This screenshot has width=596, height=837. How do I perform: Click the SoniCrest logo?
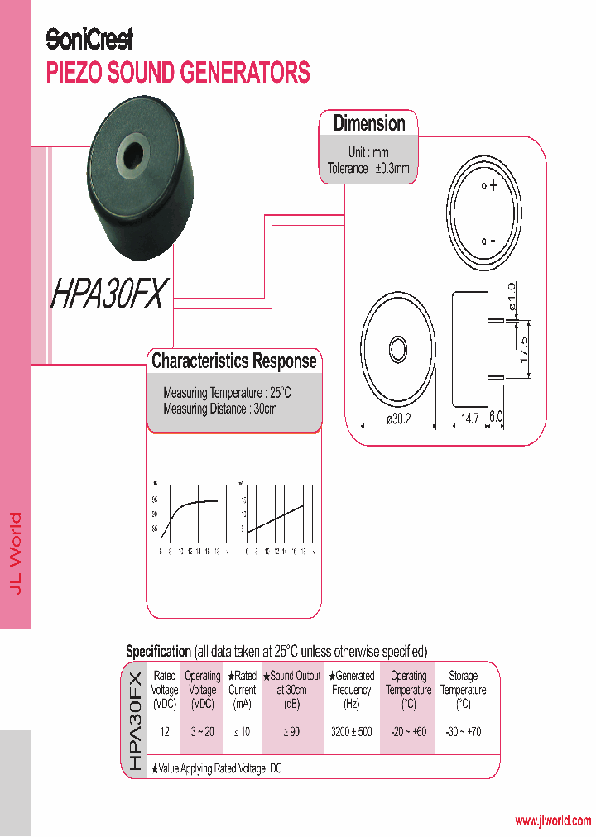pos(89,39)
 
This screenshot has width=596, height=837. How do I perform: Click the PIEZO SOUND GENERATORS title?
pos(178,73)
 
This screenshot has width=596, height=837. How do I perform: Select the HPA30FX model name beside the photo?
pos(110,293)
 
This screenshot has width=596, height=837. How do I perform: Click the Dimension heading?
pos(369,124)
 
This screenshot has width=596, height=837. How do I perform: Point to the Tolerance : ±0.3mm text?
pos(368,169)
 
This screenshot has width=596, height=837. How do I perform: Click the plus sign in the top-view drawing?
pos(494,187)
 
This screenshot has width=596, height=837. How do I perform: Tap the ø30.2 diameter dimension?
pos(399,419)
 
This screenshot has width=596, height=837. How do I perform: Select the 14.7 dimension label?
pos(470,419)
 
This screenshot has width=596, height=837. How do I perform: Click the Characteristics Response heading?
pos(234,361)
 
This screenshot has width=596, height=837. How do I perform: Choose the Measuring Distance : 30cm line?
pos(220,409)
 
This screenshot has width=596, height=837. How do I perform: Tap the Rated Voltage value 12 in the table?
pos(165,732)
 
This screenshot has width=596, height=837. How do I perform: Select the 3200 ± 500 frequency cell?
pos(352,732)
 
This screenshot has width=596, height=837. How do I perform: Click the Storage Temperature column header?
pos(463,690)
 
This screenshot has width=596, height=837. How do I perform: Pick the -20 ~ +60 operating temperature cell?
pos(408,732)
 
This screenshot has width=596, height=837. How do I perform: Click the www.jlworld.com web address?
pos(553,820)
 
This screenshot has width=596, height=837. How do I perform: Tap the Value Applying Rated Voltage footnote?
pos(216,768)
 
